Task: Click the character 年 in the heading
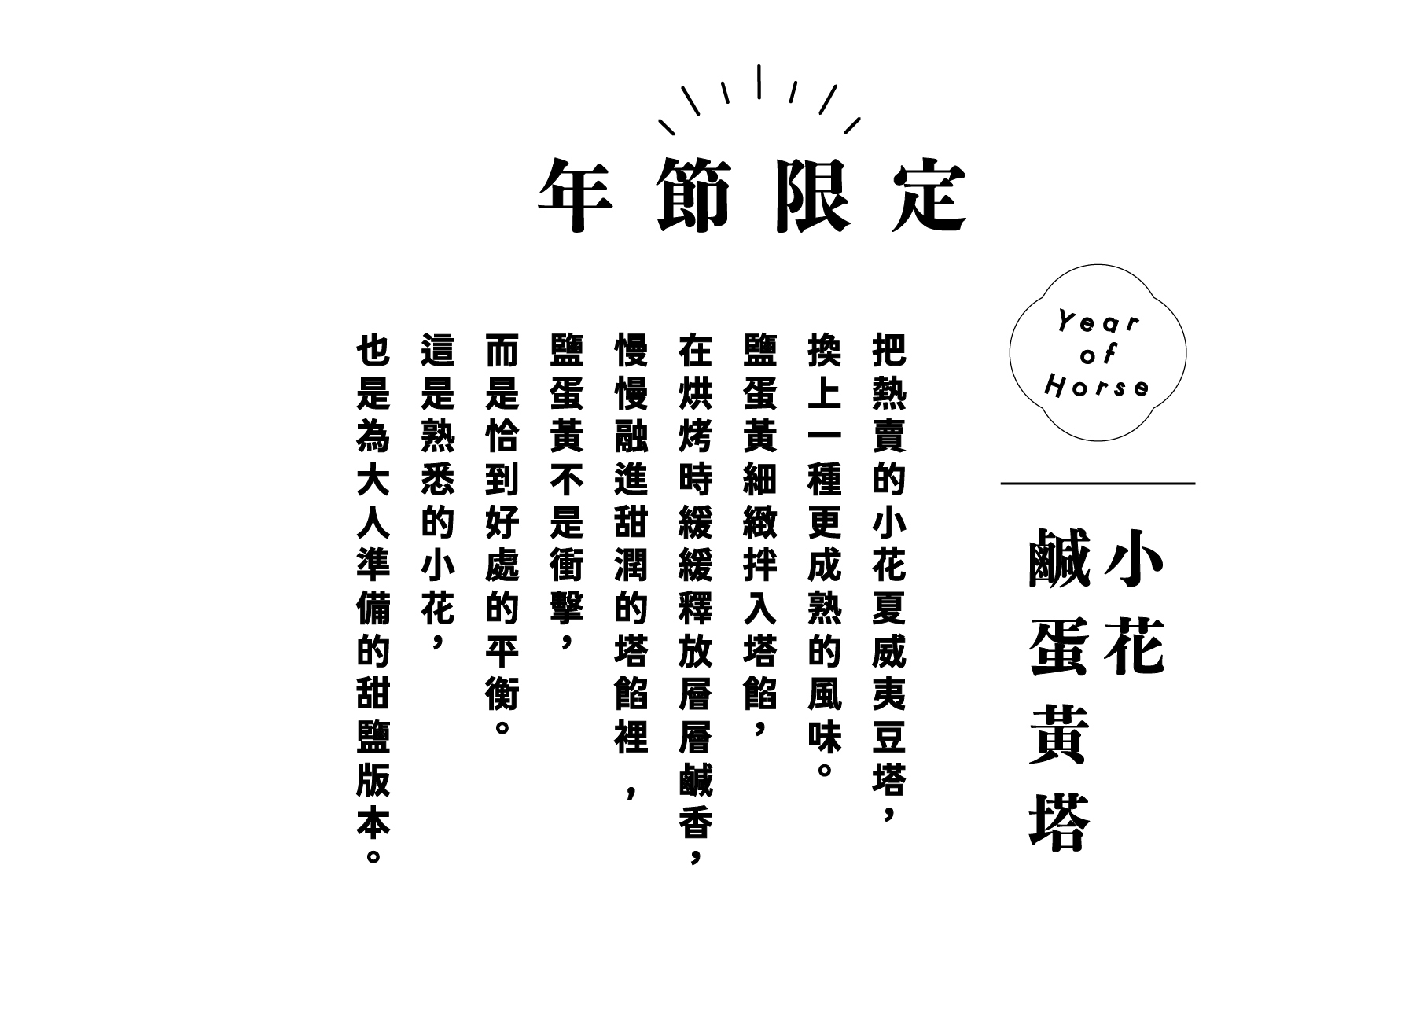click(x=576, y=195)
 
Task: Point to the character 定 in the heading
click(x=929, y=195)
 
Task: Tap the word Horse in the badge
click(x=1097, y=386)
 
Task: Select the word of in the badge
click(x=1098, y=355)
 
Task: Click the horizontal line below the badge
click(x=1098, y=484)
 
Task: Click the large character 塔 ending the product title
click(x=1058, y=822)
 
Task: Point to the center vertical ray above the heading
click(x=759, y=82)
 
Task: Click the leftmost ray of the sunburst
click(x=668, y=127)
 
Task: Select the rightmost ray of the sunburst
click(x=852, y=126)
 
